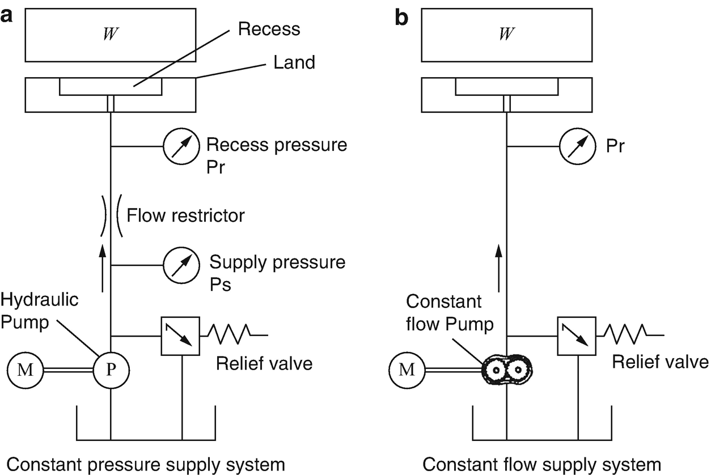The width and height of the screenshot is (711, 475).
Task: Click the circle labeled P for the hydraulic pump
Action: (111, 371)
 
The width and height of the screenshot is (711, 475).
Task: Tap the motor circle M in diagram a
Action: (26, 371)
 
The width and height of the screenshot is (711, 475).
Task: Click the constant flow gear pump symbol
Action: (508, 371)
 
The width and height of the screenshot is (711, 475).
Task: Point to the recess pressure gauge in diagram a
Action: (181, 147)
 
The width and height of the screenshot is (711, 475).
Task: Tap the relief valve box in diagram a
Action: (180, 336)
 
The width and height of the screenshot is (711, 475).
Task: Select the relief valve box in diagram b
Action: (576, 336)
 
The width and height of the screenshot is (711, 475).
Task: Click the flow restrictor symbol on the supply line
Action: (111, 215)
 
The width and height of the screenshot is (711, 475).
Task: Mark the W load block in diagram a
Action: (111, 33)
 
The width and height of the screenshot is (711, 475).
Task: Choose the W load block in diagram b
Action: (507, 33)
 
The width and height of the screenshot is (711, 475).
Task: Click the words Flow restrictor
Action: (186, 215)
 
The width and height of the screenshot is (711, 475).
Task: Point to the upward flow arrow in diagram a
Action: (102, 266)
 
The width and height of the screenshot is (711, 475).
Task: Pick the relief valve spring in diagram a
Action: (232, 336)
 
